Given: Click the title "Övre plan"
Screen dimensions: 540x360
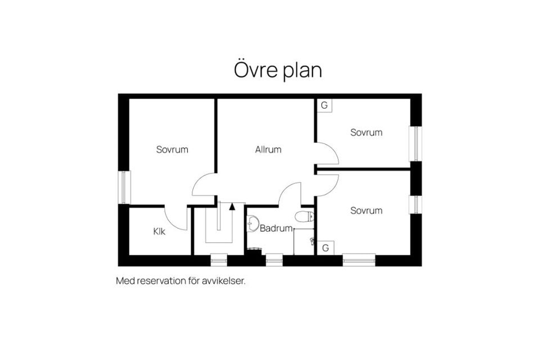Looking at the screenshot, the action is pos(278,70).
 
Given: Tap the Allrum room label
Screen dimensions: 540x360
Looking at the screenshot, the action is pos(268,150).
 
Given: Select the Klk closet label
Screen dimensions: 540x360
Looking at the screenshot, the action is pos(159,231).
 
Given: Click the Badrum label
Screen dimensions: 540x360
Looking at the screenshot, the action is pos(276,228).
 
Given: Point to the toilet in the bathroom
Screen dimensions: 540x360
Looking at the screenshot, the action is pos(304,217).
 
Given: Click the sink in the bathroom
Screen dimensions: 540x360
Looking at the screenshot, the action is pos(253,223).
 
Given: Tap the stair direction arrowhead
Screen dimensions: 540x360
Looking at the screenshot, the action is pos(232,206).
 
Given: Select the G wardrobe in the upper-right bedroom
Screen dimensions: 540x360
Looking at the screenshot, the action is pos(324,105).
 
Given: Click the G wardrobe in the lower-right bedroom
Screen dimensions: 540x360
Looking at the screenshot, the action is pos(325,247).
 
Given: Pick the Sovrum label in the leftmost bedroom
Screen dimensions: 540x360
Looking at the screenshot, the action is pos(172,150).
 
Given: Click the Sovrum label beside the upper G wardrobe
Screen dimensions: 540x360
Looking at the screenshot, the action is pos(366,132).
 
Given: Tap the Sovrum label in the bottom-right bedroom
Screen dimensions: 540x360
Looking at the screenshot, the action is pos(366,210).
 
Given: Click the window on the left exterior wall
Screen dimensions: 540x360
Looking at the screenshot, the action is pos(124,187).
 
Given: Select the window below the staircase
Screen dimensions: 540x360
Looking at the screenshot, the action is pos(219,260).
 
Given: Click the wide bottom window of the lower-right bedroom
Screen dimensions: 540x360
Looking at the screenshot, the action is pos(359,260).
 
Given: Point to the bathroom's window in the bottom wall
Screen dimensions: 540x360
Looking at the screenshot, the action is pos(274,260).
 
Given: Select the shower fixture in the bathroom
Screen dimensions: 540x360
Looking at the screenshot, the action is pos(312,241).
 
